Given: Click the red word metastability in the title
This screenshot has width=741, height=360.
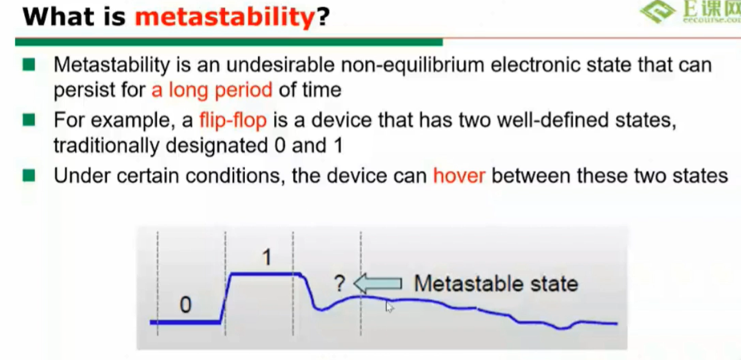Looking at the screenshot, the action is [x=225, y=17].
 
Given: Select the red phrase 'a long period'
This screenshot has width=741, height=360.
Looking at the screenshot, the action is [x=212, y=90].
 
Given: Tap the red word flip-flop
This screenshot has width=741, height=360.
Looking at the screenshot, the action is [x=233, y=121].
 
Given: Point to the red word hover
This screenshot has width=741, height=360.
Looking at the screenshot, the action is [x=459, y=175].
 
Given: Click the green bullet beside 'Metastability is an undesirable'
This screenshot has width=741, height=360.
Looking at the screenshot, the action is [x=29, y=65].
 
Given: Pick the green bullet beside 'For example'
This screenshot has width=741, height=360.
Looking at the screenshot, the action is [x=29, y=120].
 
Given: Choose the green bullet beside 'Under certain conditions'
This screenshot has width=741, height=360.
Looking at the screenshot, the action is [x=29, y=175].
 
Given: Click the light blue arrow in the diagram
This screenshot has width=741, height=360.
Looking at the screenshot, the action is [x=378, y=283].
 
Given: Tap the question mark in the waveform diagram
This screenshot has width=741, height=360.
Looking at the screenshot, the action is [x=340, y=283].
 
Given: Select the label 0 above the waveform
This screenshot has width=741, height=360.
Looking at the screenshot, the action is [x=186, y=305].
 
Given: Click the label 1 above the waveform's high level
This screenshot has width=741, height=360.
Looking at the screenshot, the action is [x=267, y=257].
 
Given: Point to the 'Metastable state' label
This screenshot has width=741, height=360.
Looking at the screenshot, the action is [x=496, y=284].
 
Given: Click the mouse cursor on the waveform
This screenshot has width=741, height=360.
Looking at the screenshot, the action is [x=389, y=306].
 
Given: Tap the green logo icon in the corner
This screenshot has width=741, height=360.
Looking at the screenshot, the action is [x=657, y=12].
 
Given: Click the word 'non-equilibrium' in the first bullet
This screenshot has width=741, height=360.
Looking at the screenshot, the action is [x=413, y=65].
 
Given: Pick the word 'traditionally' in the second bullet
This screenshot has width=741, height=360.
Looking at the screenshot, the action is [x=106, y=146].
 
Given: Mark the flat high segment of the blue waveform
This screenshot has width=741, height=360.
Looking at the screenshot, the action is [x=266, y=274].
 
